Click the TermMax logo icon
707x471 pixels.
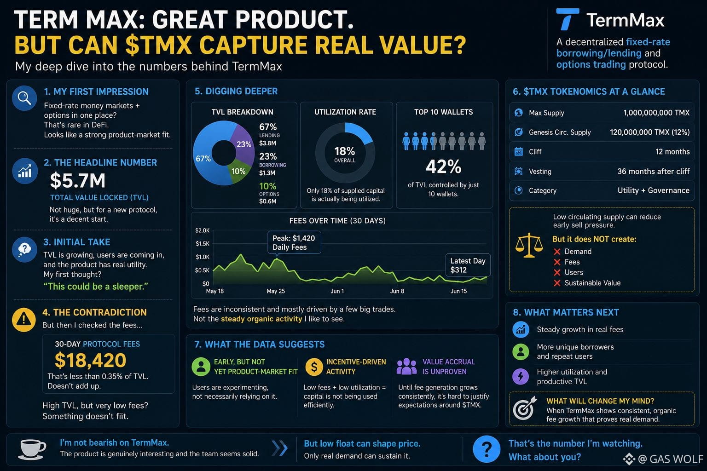click(x=567, y=19)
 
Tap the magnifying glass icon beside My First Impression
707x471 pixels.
click(x=24, y=98)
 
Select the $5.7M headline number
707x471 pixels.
click(x=78, y=180)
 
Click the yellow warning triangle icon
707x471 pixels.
click(x=23, y=320)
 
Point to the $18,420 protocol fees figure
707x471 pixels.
click(x=90, y=360)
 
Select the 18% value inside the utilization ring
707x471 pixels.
click(x=345, y=151)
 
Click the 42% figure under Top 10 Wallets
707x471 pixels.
click(x=443, y=167)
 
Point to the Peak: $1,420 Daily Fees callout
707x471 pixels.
click(x=294, y=242)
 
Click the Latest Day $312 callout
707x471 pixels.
click(x=468, y=265)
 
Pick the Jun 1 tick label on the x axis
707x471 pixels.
click(x=337, y=291)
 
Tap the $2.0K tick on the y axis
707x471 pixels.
click(x=203, y=230)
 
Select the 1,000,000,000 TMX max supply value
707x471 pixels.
click(x=656, y=113)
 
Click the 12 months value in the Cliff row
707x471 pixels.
click(x=672, y=152)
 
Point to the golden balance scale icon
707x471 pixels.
click(x=529, y=246)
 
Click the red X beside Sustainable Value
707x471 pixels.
click(x=557, y=283)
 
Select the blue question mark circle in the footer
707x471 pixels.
click(x=487, y=449)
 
